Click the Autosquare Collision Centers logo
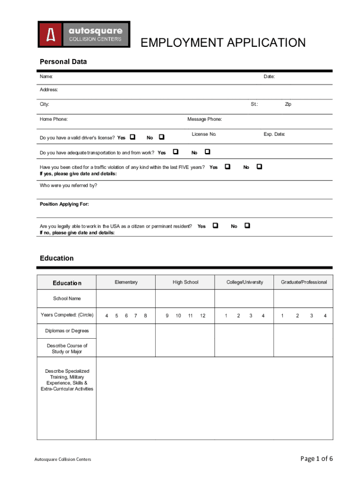pyautogui.click(x=84, y=34)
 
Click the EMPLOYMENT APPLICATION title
pyautogui.click(x=223, y=43)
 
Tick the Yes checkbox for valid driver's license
pyautogui.click(x=132, y=138)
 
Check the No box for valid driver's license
pyautogui.click(x=161, y=138)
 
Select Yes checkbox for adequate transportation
pyautogui.click(x=175, y=152)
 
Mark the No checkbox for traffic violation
pyautogui.click(x=259, y=167)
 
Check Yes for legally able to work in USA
pyautogui.click(x=215, y=225)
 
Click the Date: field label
pyautogui.click(x=268, y=76)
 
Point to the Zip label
pyautogui.click(x=288, y=104)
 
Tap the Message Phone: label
pyautogui.click(x=204, y=119)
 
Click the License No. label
pyautogui.click(x=204, y=134)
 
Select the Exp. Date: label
pyautogui.click(x=274, y=134)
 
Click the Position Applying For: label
pyautogui.click(x=64, y=204)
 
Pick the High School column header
pyautogui.click(x=185, y=282)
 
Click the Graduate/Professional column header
pyautogui.click(x=303, y=282)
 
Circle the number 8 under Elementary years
pyautogui.click(x=145, y=315)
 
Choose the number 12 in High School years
pyautogui.click(x=202, y=315)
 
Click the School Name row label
pyautogui.click(x=66, y=298)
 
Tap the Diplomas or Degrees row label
pyautogui.click(x=67, y=331)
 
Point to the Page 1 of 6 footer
pyautogui.click(x=317, y=458)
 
